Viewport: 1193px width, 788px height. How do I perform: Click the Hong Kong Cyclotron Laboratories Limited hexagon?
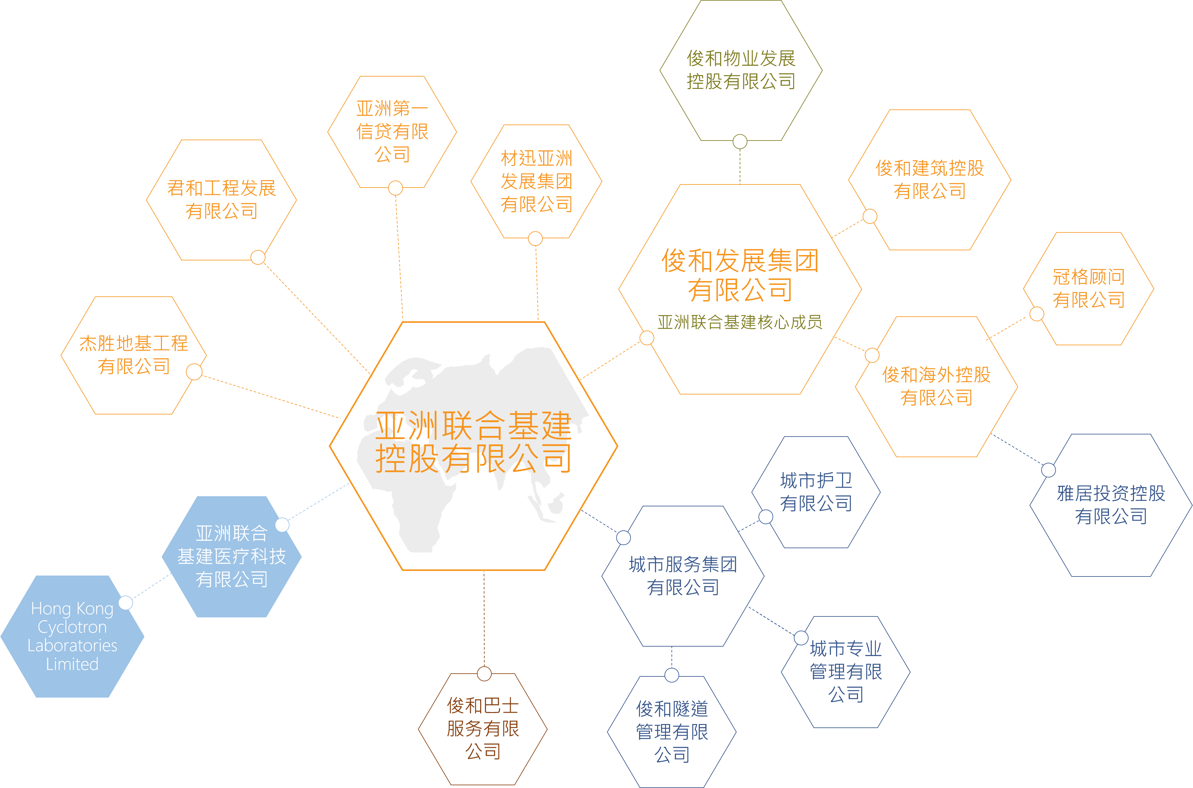[x=72, y=636]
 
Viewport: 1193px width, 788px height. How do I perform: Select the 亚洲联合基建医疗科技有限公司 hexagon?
[x=232, y=556]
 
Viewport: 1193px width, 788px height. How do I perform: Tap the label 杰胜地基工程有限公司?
[x=134, y=355]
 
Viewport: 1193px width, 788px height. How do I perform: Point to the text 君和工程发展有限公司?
[x=222, y=200]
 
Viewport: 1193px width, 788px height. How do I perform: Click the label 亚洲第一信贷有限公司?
[x=392, y=131]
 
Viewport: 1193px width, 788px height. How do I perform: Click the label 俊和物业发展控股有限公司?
[x=741, y=70]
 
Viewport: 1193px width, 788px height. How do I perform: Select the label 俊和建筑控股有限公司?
[x=930, y=180]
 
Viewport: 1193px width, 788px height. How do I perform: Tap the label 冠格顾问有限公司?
[x=1089, y=288]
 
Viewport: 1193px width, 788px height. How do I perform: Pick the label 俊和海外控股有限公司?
[x=936, y=386]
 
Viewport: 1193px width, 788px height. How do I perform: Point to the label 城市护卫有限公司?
[x=816, y=492]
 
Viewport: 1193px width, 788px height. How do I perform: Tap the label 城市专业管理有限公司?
[x=846, y=671]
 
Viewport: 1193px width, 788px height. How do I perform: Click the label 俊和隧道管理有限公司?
[x=672, y=732]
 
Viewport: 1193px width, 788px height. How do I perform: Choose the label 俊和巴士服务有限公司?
[x=483, y=729]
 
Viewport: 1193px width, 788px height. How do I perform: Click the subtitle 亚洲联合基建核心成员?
[x=740, y=322]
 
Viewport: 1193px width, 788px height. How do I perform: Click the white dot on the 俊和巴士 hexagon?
[x=484, y=674]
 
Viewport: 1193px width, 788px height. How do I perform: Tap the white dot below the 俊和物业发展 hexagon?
[x=740, y=142]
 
